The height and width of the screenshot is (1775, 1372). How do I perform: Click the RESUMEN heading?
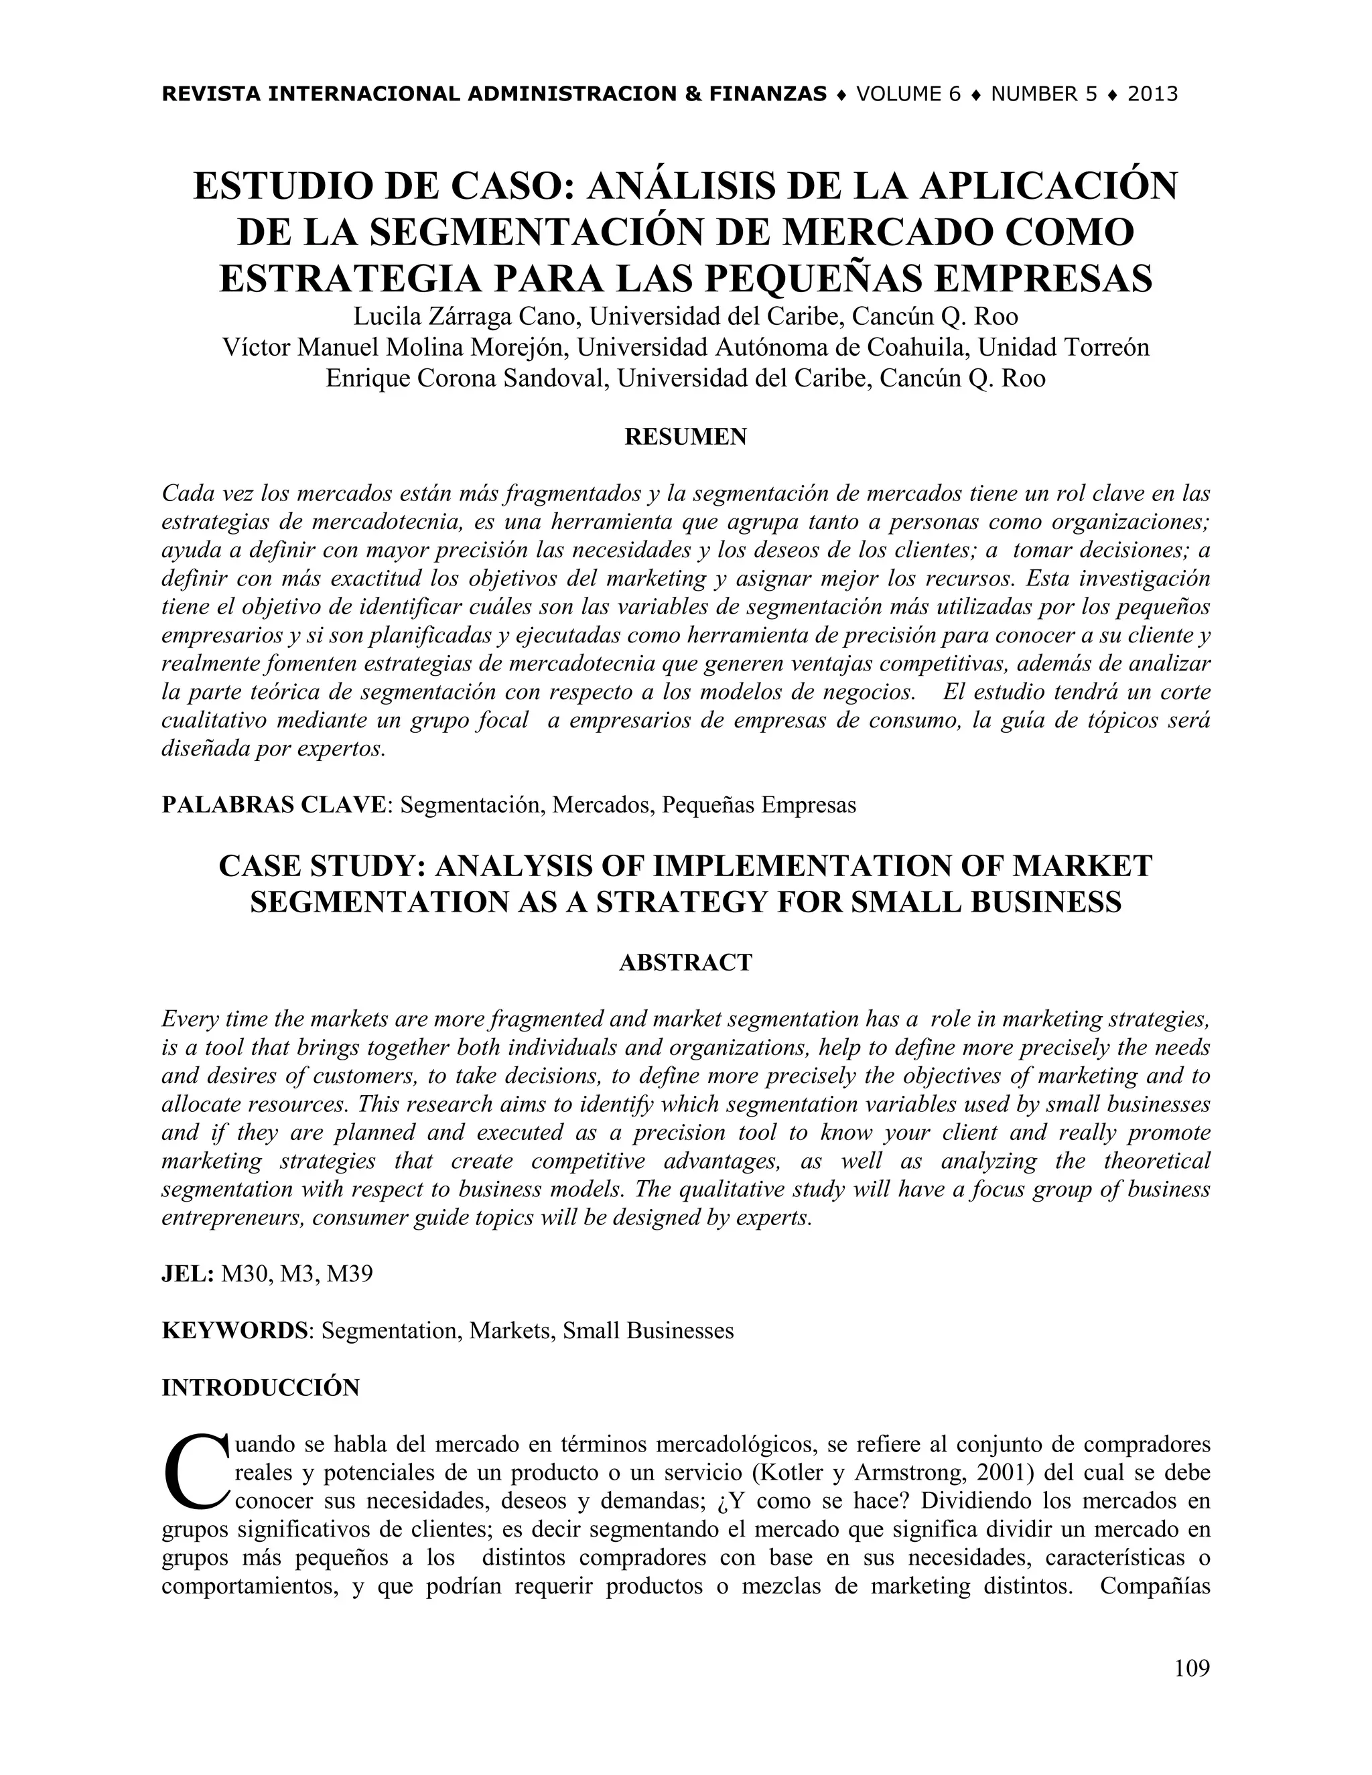coord(685,437)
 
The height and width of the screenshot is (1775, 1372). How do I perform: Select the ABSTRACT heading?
coord(685,963)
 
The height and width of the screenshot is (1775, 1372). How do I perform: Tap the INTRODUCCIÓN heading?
coord(260,1387)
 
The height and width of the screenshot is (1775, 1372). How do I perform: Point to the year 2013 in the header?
coord(1152,94)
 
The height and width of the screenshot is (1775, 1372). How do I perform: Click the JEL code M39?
coord(350,1273)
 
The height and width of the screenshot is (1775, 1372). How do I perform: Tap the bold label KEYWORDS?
coord(234,1330)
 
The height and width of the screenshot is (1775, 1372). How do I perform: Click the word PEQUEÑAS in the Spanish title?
coord(812,279)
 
